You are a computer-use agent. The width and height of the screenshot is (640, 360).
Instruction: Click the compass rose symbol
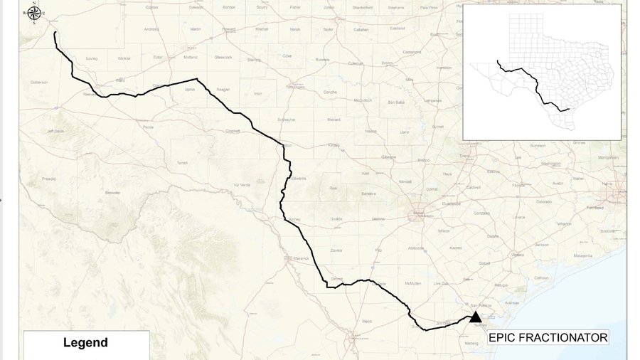[x=34, y=13]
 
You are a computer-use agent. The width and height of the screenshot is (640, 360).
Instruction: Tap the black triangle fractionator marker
[x=475, y=317]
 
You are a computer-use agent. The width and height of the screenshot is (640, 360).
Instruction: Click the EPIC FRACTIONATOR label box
[x=548, y=337]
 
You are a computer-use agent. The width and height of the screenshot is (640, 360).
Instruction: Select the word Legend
[x=85, y=343]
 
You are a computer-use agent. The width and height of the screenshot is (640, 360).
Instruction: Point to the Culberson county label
[x=38, y=82]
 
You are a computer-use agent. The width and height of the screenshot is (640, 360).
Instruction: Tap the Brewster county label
[x=113, y=192]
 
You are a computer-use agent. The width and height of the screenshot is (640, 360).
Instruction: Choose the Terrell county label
[x=183, y=162]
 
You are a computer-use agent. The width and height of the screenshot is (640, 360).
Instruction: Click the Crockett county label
[x=233, y=131]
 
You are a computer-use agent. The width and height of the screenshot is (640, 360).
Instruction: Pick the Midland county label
[x=191, y=57]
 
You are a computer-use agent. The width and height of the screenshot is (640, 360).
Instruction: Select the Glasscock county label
[x=223, y=57]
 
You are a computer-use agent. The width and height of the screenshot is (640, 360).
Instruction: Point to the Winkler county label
[x=124, y=58]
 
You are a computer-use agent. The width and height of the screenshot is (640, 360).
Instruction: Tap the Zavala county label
[x=336, y=250]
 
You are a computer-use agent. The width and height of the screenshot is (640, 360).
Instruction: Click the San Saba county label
[x=396, y=102]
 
